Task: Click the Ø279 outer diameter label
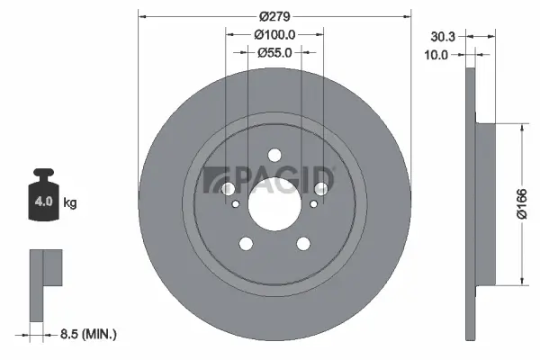coord(274,15)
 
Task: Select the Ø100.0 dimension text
coord(274,34)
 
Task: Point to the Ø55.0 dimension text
coord(274,53)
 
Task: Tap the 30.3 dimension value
coord(442,37)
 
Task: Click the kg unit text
coord(70,202)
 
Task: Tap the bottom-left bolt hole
coord(246,243)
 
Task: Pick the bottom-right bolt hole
coord(303,243)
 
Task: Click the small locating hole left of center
coord(236,204)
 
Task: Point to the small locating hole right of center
coord(312,204)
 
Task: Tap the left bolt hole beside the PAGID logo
coord(229,188)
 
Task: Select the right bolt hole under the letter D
coord(319,188)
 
